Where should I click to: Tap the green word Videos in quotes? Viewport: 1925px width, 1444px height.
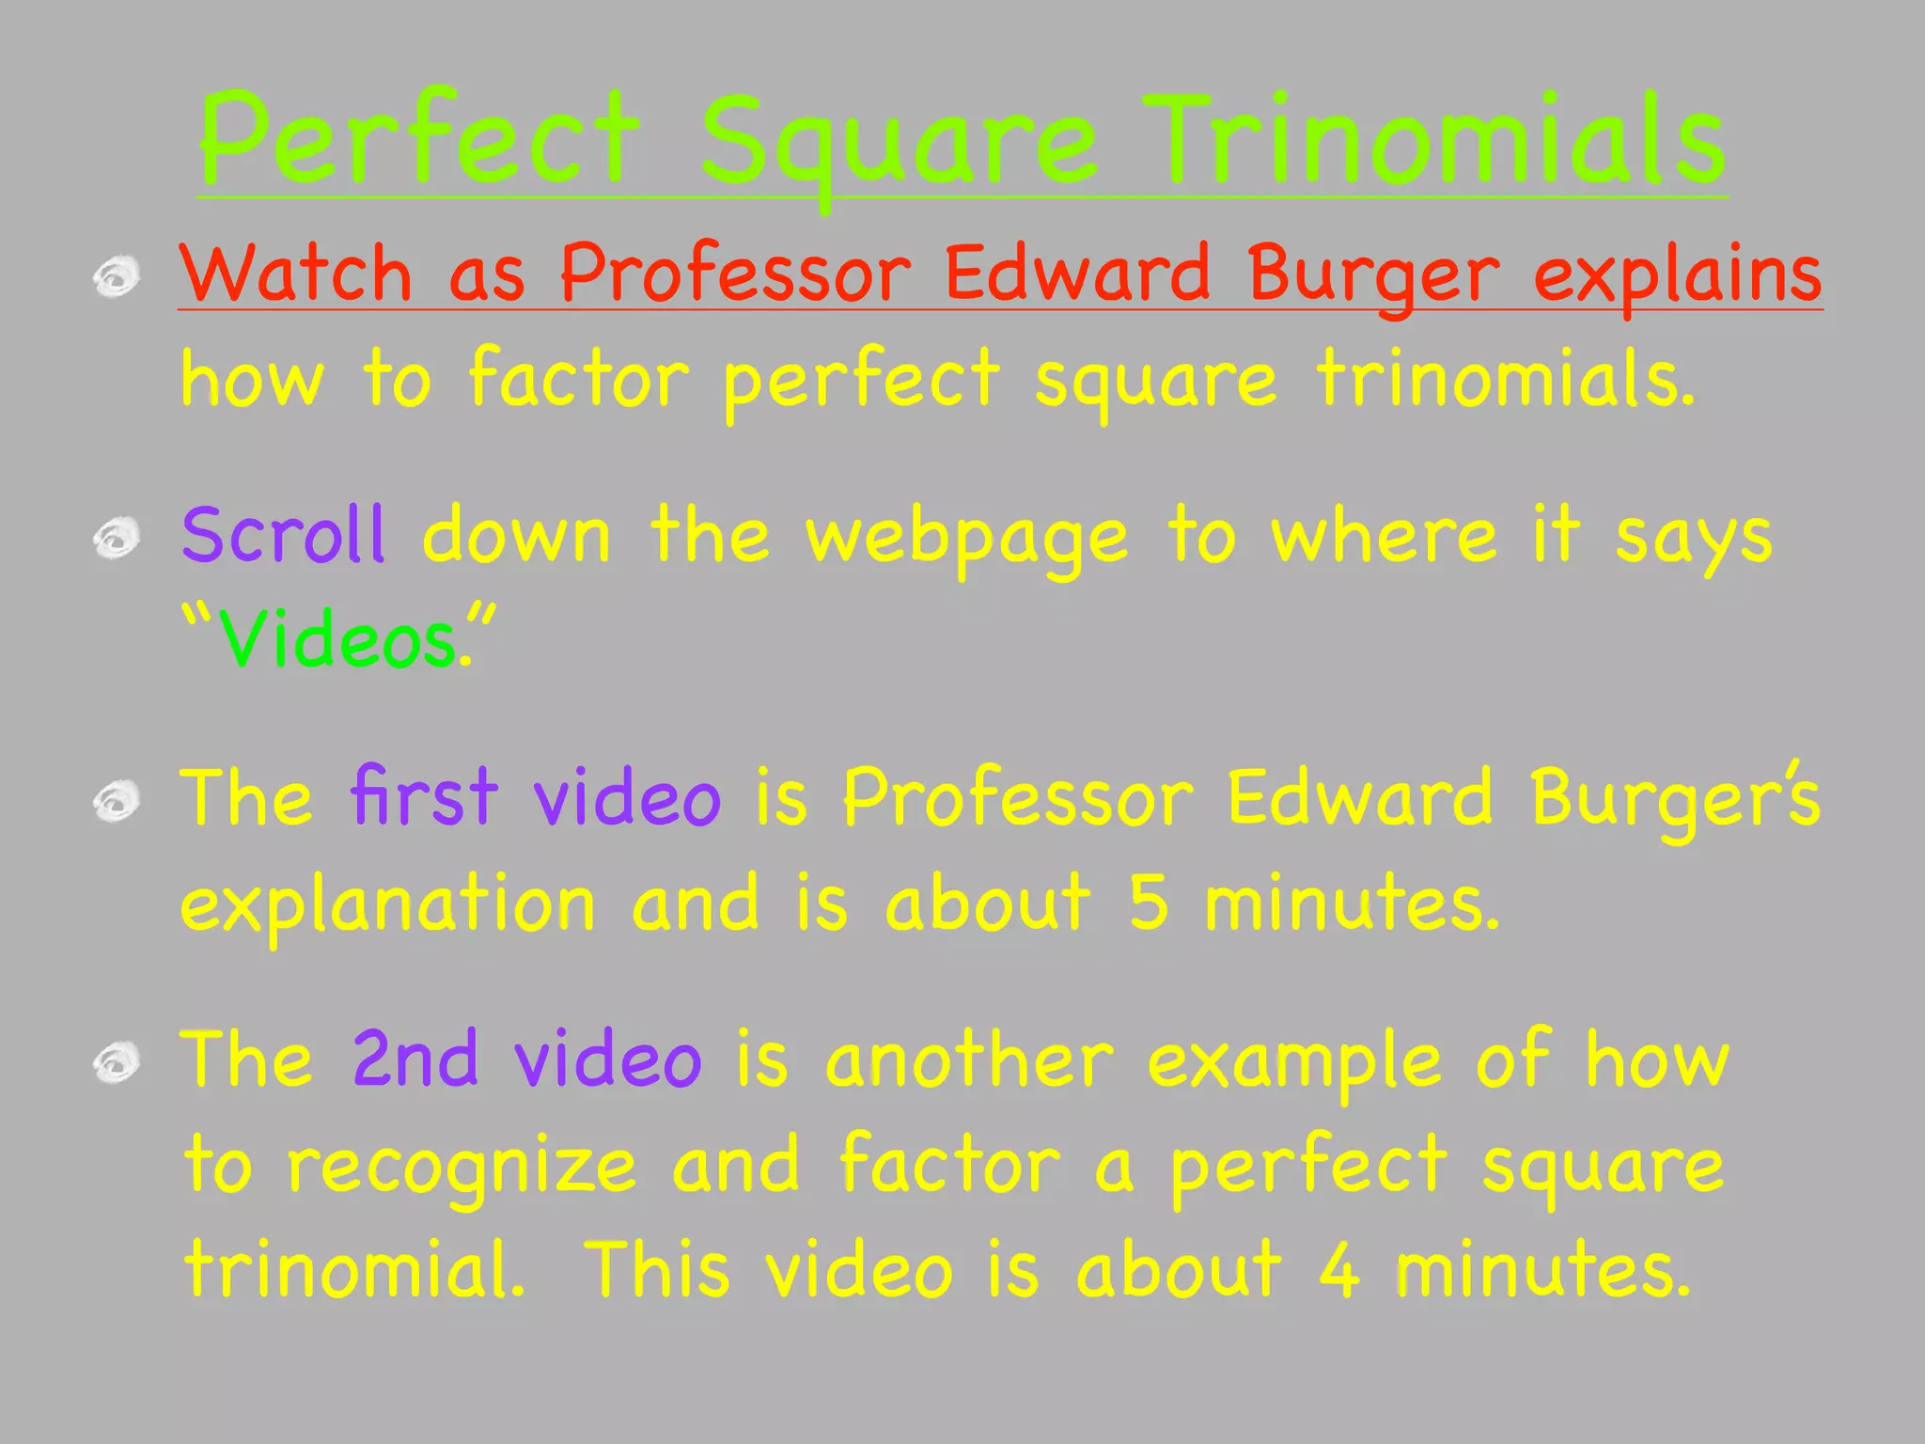(336, 640)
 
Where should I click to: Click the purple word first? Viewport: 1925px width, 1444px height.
(424, 797)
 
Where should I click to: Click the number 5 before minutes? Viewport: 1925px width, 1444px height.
(1149, 902)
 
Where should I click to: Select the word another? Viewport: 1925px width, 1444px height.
(969, 1060)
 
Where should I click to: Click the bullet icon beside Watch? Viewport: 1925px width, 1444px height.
(117, 277)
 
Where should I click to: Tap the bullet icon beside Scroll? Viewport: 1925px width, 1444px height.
(117, 540)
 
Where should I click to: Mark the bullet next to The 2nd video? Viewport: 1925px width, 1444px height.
(117, 1063)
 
